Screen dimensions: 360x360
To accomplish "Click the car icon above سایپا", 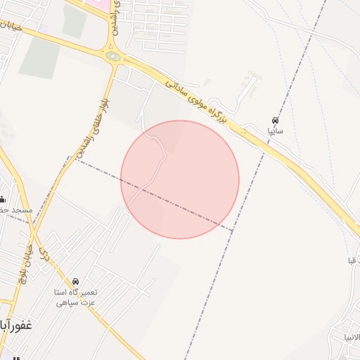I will pos(274,120).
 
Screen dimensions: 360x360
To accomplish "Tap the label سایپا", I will pos(274,131).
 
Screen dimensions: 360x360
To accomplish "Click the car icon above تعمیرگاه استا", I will pos(76,281).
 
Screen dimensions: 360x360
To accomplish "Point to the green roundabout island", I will pos(112,56).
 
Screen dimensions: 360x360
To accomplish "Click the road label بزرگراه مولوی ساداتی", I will pos(196,101).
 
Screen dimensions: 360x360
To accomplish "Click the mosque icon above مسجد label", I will pos(2,199).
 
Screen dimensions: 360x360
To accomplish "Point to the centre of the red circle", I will pos(180,179).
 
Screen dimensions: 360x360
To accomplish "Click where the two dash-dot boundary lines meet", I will pos(233,230).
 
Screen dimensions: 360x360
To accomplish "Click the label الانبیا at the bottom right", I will pos(350,336).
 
